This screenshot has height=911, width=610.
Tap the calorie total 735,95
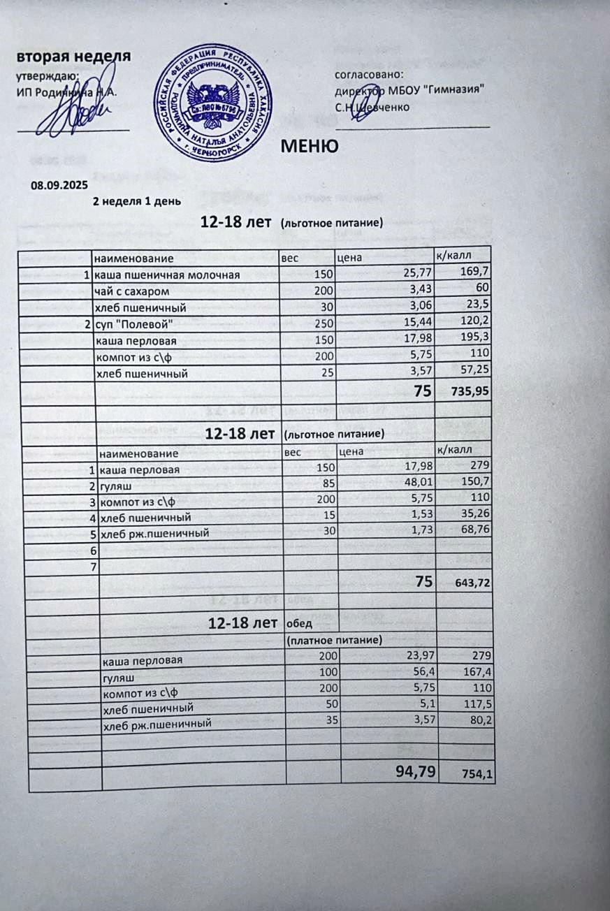coord(467,393)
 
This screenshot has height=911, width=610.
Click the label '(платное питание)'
coord(333,639)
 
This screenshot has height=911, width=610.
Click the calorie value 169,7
coord(473,272)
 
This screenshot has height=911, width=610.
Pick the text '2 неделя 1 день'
coord(137,202)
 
